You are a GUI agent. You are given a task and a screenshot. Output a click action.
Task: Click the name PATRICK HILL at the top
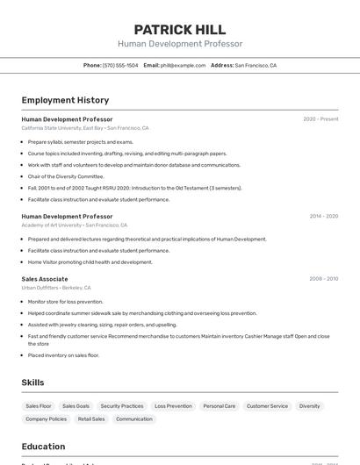click(180, 29)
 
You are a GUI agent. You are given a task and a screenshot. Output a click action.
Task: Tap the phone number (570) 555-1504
click(120, 65)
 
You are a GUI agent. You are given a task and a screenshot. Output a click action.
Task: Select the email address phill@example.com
click(176, 65)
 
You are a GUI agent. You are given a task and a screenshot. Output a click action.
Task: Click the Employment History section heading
click(65, 100)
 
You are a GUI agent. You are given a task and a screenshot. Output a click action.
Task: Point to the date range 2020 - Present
click(320, 118)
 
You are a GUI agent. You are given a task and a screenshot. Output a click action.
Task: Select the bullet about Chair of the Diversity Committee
click(66, 176)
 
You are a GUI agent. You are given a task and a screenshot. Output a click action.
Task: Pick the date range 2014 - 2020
click(324, 216)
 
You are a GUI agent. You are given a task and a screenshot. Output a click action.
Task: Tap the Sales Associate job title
click(45, 279)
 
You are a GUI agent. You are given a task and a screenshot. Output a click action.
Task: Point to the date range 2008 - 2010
click(323, 279)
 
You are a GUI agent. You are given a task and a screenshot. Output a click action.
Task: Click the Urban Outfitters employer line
click(56, 288)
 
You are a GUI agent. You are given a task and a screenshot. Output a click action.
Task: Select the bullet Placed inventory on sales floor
click(63, 355)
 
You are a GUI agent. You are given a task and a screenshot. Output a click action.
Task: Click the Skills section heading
click(32, 383)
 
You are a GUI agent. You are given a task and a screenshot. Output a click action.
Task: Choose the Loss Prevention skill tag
click(173, 406)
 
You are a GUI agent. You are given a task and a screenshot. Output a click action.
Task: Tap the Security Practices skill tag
click(122, 406)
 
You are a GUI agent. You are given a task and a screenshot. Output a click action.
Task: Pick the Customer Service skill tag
click(267, 406)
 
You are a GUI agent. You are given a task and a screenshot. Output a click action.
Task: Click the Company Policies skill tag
click(46, 419)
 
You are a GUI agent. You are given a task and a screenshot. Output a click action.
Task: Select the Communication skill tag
click(134, 419)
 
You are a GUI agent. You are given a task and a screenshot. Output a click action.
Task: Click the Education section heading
click(43, 447)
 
